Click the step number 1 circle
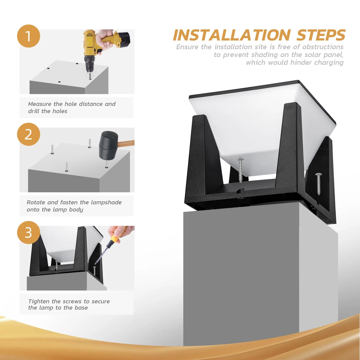point(28,36)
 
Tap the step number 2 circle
point(28,134)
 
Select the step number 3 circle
point(28,232)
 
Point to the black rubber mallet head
point(108,145)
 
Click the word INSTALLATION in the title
point(232,35)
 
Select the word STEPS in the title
point(321,35)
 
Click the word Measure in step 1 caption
point(40,104)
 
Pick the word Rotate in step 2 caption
point(36,202)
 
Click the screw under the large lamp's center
point(240,170)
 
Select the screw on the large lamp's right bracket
point(318,183)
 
